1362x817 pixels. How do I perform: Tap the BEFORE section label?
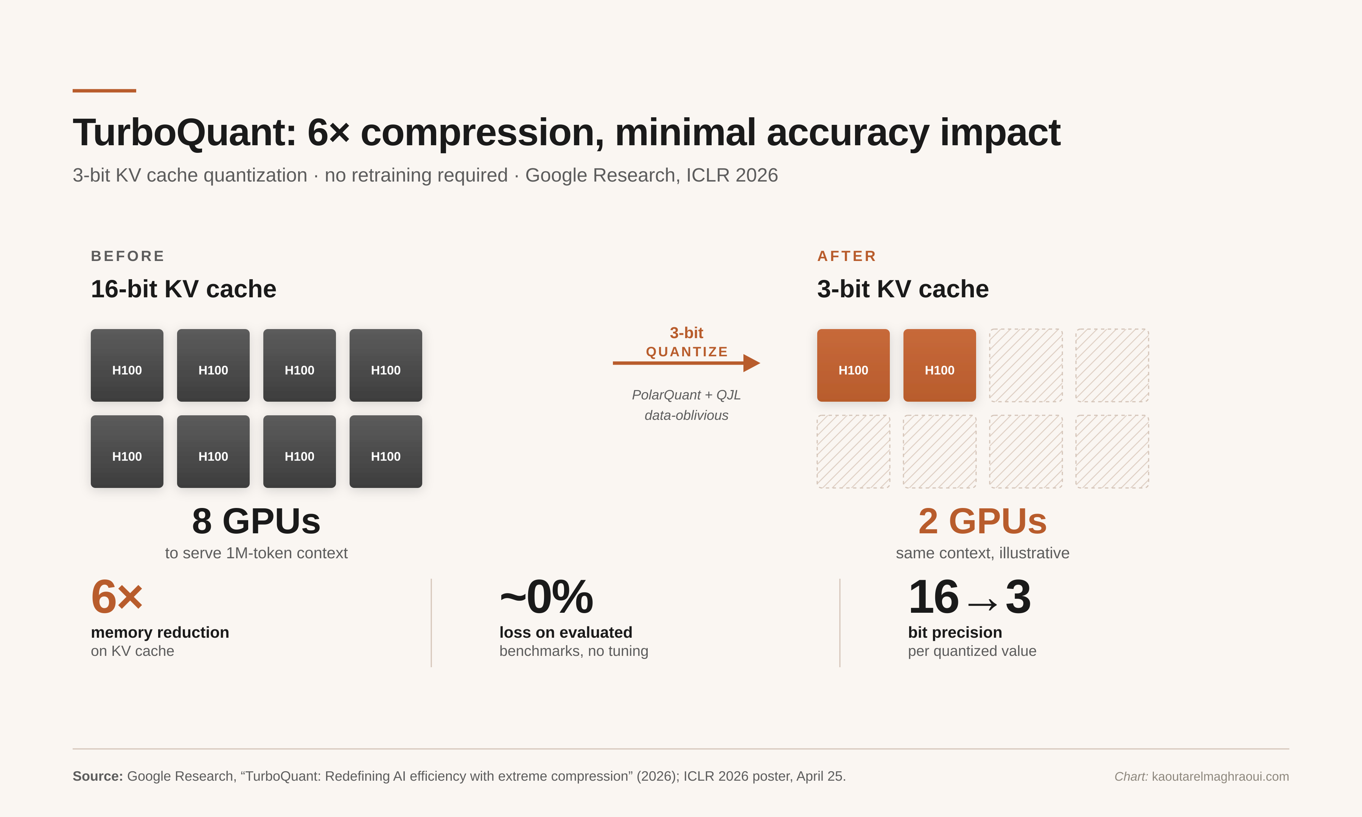[x=128, y=256]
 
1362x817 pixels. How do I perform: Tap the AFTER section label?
[x=847, y=256]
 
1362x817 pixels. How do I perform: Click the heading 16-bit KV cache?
[x=183, y=289]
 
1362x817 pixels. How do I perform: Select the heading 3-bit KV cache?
[x=903, y=289]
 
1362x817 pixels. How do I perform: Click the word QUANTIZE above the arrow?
[x=687, y=352]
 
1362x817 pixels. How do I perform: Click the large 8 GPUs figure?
[x=256, y=521]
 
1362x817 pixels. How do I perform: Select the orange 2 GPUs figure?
[x=982, y=521]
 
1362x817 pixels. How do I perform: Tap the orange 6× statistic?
[x=117, y=597]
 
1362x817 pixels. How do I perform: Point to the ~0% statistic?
[x=546, y=597]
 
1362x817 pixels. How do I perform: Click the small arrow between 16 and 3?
[x=982, y=604]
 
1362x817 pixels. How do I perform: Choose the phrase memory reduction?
[x=160, y=632]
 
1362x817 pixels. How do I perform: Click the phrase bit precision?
[x=955, y=632]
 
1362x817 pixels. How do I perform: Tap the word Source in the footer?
[x=98, y=776]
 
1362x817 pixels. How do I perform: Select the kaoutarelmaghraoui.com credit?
[x=1220, y=776]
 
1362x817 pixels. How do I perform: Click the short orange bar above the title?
[x=104, y=91]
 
